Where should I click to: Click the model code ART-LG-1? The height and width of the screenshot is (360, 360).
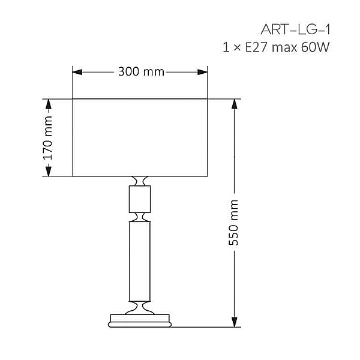(x=295, y=29)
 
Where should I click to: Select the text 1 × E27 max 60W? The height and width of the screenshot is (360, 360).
(x=276, y=47)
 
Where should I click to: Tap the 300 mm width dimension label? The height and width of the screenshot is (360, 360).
(x=141, y=71)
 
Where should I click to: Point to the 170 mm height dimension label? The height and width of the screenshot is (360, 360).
(x=48, y=138)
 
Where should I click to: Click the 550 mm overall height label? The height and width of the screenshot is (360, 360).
(x=234, y=223)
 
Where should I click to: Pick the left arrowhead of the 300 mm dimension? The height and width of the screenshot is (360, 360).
(x=77, y=72)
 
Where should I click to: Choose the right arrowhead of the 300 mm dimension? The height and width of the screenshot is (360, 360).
(x=203, y=72)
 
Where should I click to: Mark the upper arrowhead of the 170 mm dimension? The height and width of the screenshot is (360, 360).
(x=48, y=104)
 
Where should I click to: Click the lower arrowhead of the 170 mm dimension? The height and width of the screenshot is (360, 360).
(x=48, y=171)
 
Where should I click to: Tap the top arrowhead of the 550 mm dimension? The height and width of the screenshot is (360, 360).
(x=234, y=104)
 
